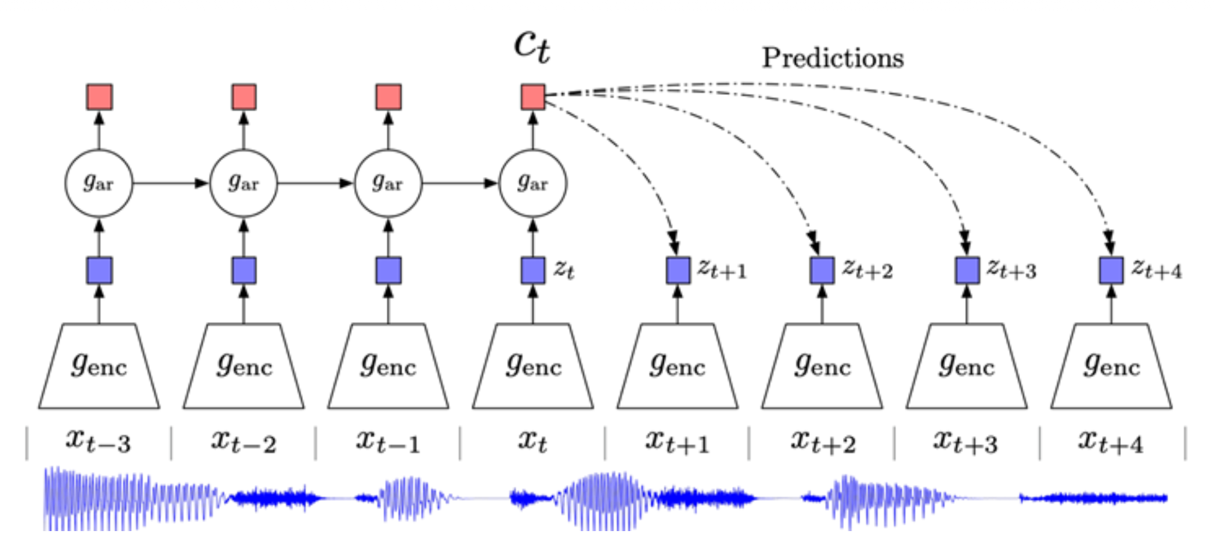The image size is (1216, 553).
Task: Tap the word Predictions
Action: pyautogui.click(x=832, y=58)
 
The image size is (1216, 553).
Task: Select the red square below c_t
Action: pyautogui.click(x=533, y=97)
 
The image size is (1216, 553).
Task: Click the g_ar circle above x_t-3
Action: pyautogui.click(x=99, y=183)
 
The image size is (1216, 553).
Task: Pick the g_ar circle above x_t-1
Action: pyautogui.click(x=388, y=183)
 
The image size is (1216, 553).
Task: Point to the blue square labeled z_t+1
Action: pyautogui.click(x=678, y=270)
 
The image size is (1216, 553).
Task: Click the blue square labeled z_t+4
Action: pyautogui.click(x=1111, y=270)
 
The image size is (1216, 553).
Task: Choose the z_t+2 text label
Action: pyautogui.click(x=867, y=270)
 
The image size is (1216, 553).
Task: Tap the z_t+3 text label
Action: pyautogui.click(x=1011, y=270)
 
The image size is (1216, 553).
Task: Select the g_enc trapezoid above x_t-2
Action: pyautogui.click(x=243, y=366)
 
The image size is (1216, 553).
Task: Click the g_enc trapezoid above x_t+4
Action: pyautogui.click(x=1111, y=366)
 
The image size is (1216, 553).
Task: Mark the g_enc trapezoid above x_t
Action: pyautogui.click(x=533, y=366)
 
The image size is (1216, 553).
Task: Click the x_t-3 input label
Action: pyautogui.click(x=98, y=441)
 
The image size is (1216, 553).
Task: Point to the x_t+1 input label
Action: pyautogui.click(x=677, y=441)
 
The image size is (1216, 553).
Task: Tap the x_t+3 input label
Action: pyautogui.click(x=966, y=441)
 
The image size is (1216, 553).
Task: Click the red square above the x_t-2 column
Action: pyautogui.click(x=244, y=97)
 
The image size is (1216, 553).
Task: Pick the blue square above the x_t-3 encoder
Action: pyautogui.click(x=99, y=270)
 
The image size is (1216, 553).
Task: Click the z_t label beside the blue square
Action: pyautogui.click(x=564, y=270)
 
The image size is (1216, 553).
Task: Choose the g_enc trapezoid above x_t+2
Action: pyautogui.click(x=822, y=366)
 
